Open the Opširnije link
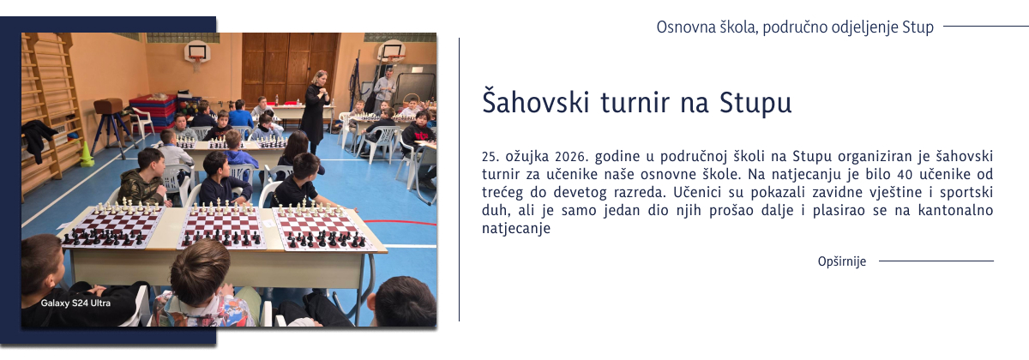[841, 261]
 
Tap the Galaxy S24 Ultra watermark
[75, 303]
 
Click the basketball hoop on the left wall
[197, 53]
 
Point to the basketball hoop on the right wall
[391, 51]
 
